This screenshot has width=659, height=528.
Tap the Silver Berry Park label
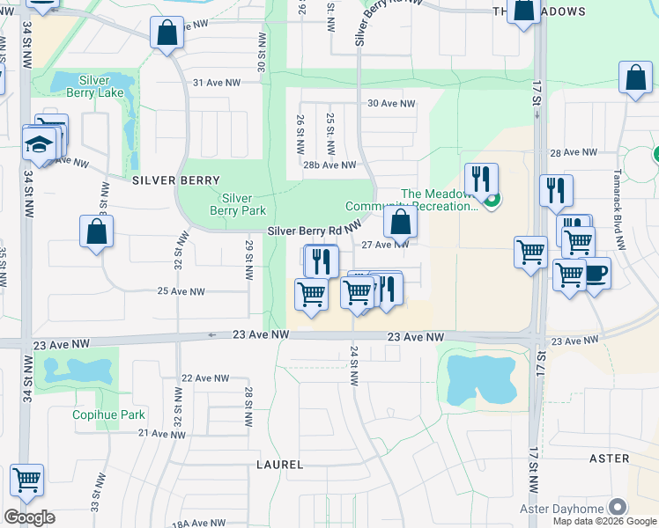238,204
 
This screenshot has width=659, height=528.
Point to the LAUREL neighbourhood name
280,464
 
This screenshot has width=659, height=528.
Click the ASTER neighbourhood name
609,458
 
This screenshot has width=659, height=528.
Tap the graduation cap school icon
40,143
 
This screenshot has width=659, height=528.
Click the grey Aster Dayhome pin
618,508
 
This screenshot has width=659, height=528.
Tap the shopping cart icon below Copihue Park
27,480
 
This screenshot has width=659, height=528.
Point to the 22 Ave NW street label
204,378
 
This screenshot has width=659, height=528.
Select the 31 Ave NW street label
217,83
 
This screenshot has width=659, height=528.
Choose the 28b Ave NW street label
329,165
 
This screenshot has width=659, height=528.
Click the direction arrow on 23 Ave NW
212,334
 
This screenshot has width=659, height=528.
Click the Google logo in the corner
29,517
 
